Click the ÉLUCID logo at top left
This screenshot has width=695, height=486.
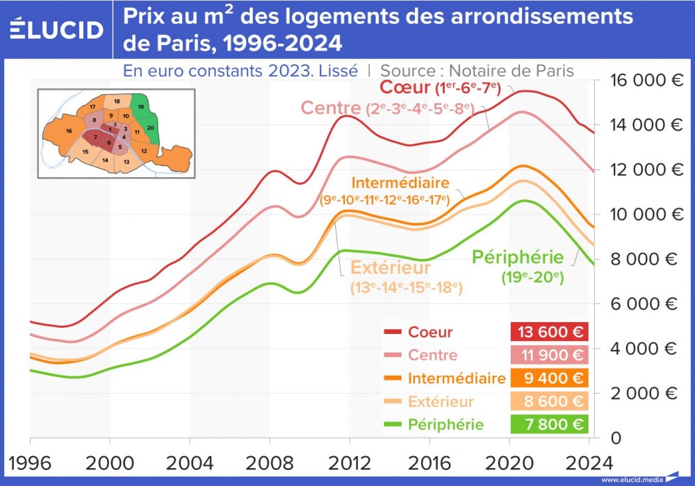pos(57,29)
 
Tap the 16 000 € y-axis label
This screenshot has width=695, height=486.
pos(646,80)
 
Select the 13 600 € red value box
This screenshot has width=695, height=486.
pos(548,332)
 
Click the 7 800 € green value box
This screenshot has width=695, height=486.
pos(548,424)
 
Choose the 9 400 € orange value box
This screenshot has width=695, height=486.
pos(548,378)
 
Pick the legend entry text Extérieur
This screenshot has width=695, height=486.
pos(441,401)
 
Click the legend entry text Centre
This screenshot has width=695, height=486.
pos(432,355)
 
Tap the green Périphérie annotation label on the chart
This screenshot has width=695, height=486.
pos(518,258)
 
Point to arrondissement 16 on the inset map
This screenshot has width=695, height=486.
pos(68,131)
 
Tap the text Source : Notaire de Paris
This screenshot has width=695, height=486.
pos(477,70)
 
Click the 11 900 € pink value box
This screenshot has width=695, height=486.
pos(548,355)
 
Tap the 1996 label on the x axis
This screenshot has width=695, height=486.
pos(30,462)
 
